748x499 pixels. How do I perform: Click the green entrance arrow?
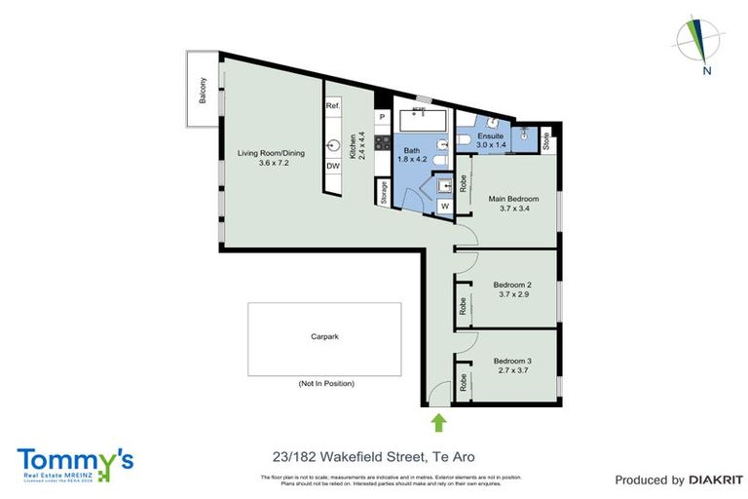(438, 421)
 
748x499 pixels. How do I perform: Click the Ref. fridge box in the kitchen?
(332, 105)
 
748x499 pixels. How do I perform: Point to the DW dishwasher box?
(332, 166)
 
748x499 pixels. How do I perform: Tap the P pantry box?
(382, 118)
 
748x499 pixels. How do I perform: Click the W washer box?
(443, 207)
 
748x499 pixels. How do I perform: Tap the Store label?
(545, 140)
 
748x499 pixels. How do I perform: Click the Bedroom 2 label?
(512, 289)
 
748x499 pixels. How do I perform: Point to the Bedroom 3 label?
(512, 365)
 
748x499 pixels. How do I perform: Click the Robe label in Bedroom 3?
(463, 383)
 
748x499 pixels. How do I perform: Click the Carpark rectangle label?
(324, 336)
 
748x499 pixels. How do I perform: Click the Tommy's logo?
(75, 463)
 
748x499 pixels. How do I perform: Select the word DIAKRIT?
(716, 480)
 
